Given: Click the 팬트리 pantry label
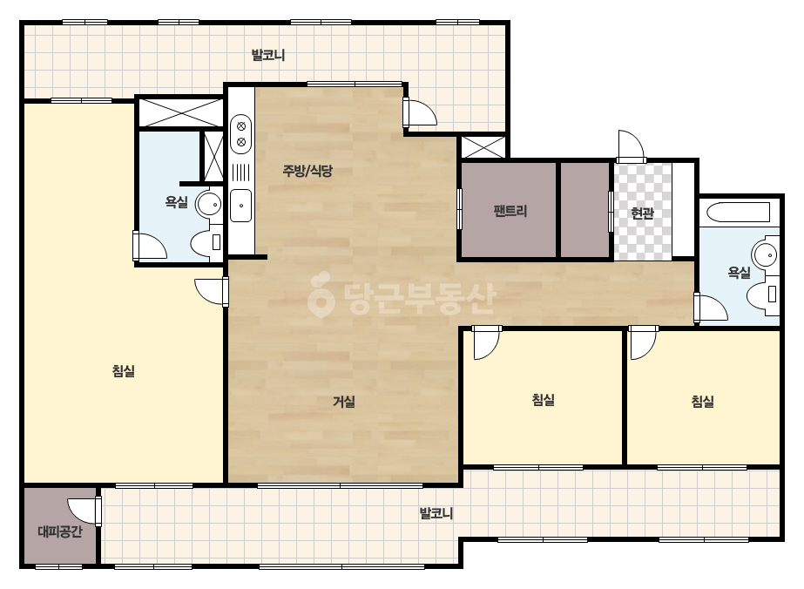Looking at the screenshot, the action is pos(510,210).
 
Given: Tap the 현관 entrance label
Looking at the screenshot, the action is pos(643,213).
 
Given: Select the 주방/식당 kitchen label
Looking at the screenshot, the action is pos(307,170).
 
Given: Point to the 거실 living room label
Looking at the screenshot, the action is pos(344,401).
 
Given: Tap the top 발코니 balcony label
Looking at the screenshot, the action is pos(268,55).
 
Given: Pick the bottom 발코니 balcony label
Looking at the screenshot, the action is pos(436,513).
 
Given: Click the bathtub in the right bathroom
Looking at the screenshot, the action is pos(738,212).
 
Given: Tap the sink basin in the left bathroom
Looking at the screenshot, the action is pos(210,204).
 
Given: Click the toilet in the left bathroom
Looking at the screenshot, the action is pos(206,241).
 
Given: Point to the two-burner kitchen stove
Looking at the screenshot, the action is pos(240,134).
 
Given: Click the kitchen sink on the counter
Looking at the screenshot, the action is pos(240,206).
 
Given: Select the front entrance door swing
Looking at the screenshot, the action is pos(630,146).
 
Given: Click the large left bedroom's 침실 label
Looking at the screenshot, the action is pos(124,370).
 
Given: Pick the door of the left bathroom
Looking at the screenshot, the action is pos(150,246).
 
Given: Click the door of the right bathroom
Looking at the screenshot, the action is pos(711,308).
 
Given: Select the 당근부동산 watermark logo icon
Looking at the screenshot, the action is pos(321,296).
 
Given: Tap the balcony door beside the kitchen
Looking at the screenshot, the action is pos(420,112).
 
